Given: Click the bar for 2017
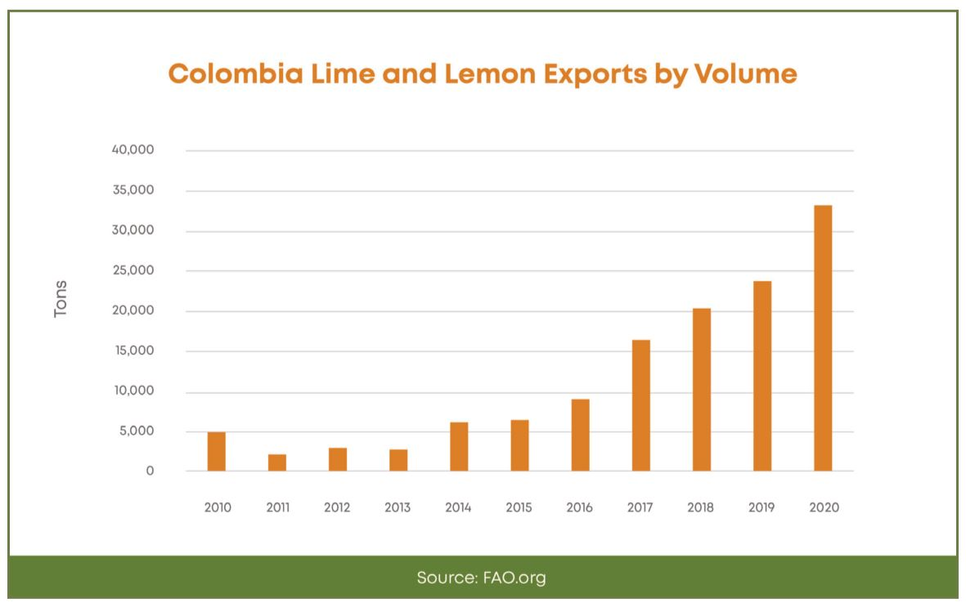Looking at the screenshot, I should [x=640, y=405].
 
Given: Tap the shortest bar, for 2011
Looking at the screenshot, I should [x=277, y=462].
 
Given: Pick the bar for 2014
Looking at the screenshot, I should [x=459, y=446].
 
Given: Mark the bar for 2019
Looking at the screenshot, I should [x=762, y=376].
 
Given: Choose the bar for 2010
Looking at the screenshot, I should [x=217, y=451].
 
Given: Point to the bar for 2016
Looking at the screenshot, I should [x=580, y=435].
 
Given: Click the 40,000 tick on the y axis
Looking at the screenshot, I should [x=132, y=151].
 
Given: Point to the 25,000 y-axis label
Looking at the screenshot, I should [x=132, y=271].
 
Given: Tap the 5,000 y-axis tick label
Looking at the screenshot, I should [x=135, y=431].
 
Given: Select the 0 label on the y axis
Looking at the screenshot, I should [x=150, y=471].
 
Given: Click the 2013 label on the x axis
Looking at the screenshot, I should [x=398, y=507].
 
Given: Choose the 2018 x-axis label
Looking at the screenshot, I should [x=700, y=507].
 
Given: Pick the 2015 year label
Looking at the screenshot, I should [x=519, y=507].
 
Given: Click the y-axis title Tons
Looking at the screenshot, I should [x=61, y=299].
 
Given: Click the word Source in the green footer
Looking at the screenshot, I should [x=444, y=578].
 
